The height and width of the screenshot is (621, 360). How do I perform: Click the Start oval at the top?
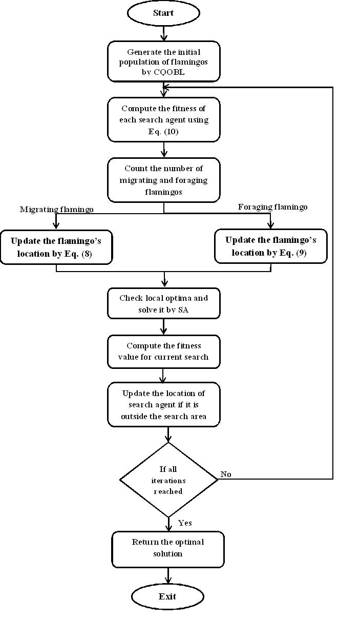[163, 13]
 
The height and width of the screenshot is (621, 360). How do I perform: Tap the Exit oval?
[167, 596]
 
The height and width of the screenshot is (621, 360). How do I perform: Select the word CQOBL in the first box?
[169, 72]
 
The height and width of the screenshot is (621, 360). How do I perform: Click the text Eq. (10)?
[163, 131]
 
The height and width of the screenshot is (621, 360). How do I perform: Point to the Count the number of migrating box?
[164, 180]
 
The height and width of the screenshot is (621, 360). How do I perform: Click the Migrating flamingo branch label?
[56, 210]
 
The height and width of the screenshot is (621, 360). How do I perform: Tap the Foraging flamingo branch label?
[273, 207]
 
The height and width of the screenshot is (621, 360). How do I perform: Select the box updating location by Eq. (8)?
[56, 247]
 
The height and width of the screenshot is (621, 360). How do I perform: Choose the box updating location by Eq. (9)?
[271, 246]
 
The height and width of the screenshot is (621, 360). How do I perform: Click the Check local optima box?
[164, 303]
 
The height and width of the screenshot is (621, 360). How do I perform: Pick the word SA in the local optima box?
[183, 309]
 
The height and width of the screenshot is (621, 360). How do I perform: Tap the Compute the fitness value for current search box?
[164, 351]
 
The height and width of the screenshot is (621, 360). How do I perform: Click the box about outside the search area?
[164, 404]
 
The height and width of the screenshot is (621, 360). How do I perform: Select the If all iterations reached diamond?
[168, 480]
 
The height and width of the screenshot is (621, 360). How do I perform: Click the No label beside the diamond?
[226, 474]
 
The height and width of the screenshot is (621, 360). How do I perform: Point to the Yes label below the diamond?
[185, 523]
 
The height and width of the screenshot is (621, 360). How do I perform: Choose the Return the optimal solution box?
[168, 549]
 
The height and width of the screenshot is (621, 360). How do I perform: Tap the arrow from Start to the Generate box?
[164, 33]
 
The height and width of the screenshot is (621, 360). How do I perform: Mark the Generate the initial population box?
[164, 61]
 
